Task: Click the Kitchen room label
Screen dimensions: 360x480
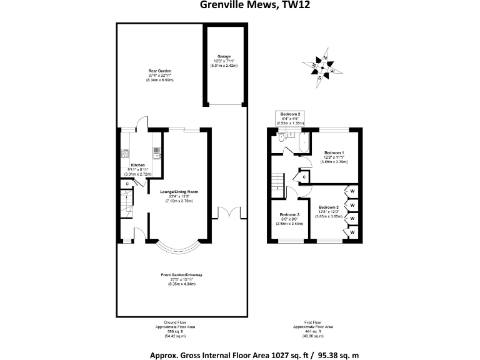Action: click(137, 165)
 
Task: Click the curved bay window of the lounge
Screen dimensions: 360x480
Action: click(179, 247)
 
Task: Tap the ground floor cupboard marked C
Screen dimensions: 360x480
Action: click(127, 184)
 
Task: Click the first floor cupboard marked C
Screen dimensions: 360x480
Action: click(303, 177)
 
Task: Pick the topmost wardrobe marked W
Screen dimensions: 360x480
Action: click(352, 191)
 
